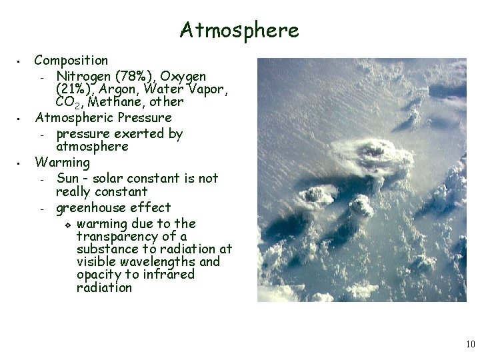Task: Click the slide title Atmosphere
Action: tap(239, 30)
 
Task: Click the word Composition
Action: tap(71, 61)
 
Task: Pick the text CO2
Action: tap(68, 103)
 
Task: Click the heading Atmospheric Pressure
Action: tap(103, 118)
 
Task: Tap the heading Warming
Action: tap(62, 162)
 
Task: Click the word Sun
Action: tap(68, 178)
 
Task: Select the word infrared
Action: tap(166, 274)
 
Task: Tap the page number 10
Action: tap(471, 344)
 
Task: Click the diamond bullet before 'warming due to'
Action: tap(68, 224)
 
